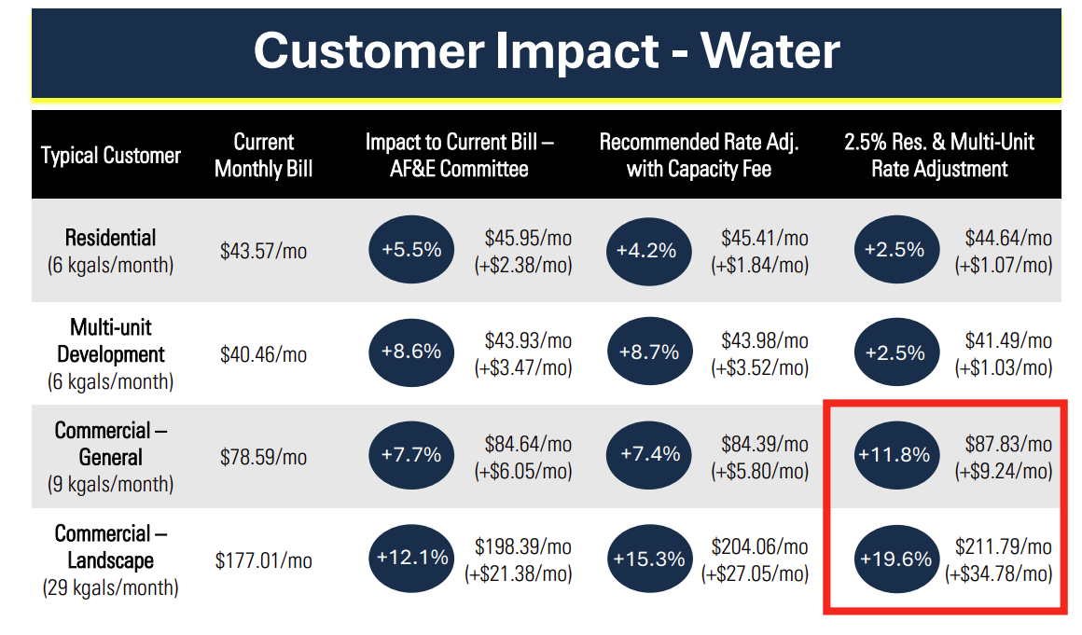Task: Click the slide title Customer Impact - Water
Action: click(547, 50)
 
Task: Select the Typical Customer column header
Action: click(111, 156)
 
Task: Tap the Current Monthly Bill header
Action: click(264, 156)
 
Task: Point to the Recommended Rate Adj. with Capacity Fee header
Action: click(699, 156)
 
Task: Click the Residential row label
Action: click(111, 238)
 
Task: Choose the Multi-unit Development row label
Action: click(111, 341)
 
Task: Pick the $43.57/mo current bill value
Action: click(264, 252)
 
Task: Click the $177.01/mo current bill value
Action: click(264, 560)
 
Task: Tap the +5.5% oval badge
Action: click(411, 250)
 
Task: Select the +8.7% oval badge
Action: click(648, 352)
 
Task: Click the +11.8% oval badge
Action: click(894, 455)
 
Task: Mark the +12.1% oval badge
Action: click(411, 559)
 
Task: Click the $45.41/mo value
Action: click(765, 238)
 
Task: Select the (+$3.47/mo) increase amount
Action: click(523, 367)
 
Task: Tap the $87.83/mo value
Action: click(1008, 444)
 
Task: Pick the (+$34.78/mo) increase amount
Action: click(999, 573)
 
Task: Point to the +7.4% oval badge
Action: click(648, 455)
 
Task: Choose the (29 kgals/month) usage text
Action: click(111, 588)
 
